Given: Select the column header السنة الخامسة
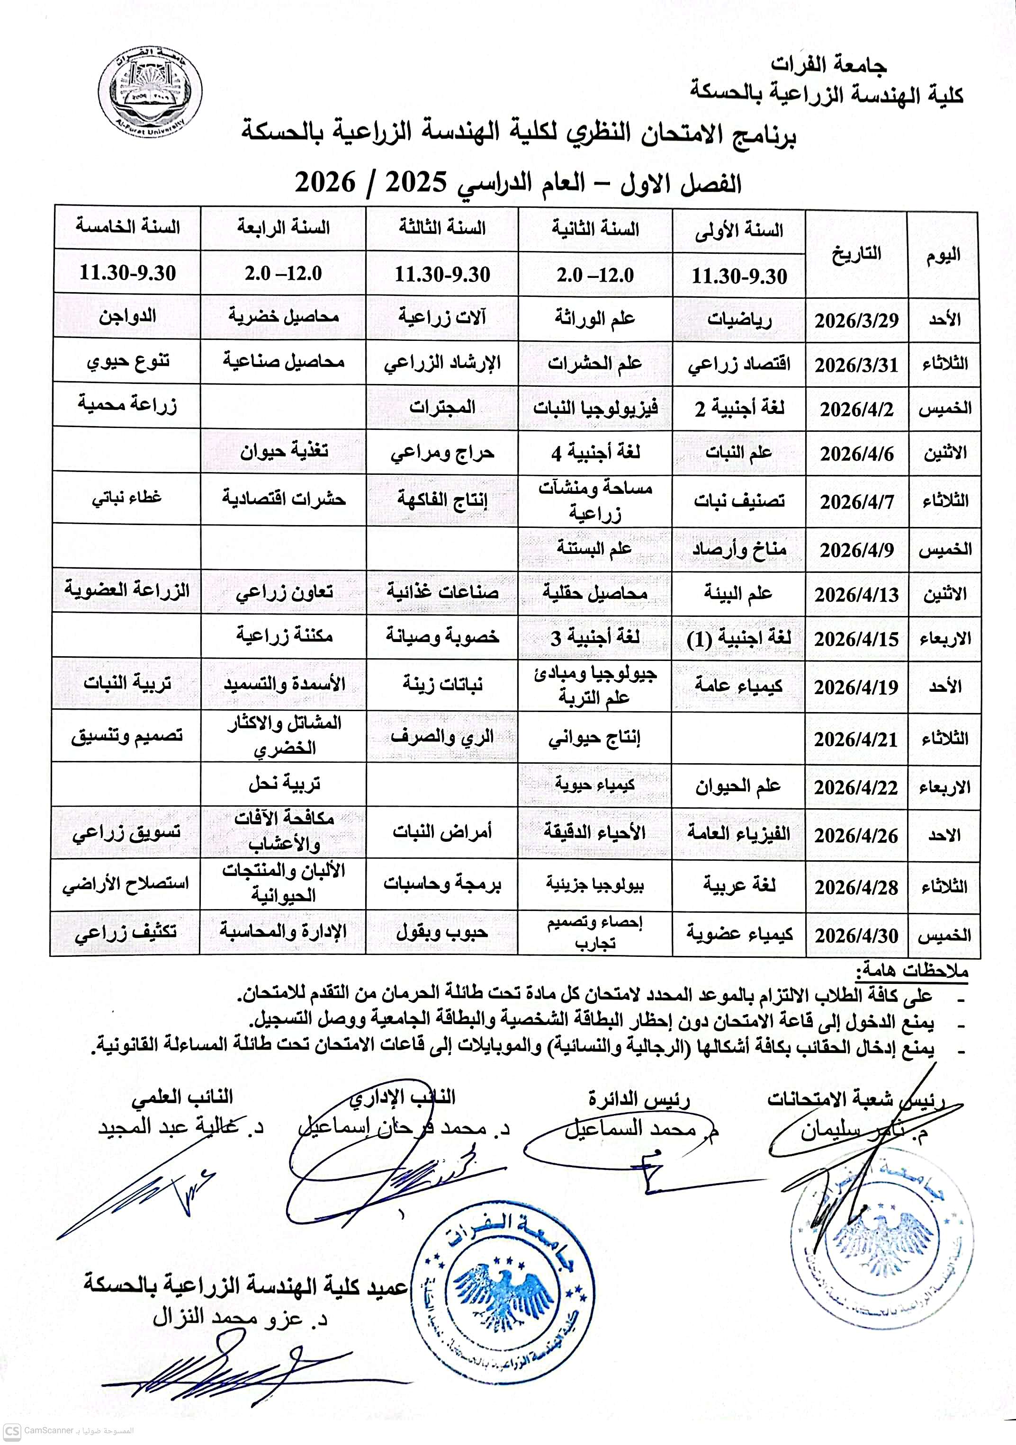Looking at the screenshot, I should click(x=128, y=227).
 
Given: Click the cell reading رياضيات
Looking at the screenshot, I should click(x=739, y=320).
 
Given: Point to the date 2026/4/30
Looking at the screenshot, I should click(x=856, y=935).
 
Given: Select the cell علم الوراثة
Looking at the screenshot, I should click(x=595, y=319).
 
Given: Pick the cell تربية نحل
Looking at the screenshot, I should click(x=284, y=784).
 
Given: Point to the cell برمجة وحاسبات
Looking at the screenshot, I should click(x=442, y=884).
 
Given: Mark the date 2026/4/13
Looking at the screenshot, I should click(x=856, y=595).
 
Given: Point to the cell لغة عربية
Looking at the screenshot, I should click(x=739, y=885).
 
